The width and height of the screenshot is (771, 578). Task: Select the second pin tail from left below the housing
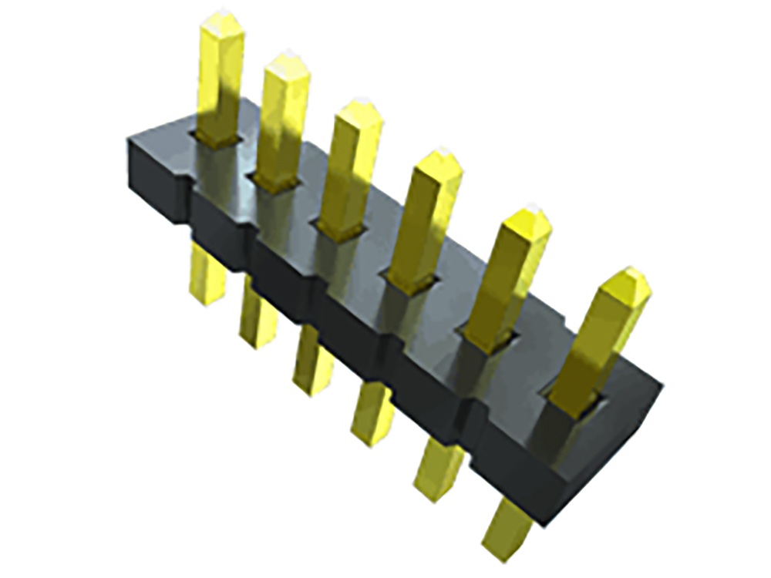point(258,316)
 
